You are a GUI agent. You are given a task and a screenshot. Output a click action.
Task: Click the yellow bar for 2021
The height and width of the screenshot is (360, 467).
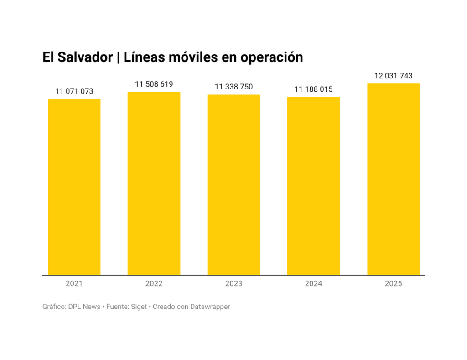[74, 187]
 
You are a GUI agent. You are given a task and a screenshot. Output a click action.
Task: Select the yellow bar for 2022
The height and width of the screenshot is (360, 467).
[154, 183]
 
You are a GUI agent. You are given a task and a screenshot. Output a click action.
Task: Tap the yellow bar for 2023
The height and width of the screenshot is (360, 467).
[233, 185]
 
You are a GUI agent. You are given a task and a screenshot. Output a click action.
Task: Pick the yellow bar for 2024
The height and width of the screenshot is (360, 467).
[313, 186]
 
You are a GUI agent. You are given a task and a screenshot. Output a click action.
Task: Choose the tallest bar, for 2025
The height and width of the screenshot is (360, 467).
[393, 179]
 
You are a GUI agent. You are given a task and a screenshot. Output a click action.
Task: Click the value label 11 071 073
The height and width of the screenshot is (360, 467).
[74, 91]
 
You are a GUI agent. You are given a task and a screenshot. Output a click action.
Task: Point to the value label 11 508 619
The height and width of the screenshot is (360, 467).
[154, 84]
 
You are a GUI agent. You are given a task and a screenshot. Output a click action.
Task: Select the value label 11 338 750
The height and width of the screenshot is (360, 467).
[233, 87]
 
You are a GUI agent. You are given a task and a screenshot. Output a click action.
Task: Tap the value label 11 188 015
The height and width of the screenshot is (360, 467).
[313, 89]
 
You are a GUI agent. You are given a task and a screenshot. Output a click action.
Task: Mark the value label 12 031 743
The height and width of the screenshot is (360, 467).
[393, 76]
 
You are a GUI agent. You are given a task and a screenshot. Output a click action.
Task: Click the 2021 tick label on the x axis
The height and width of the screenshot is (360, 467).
[74, 283]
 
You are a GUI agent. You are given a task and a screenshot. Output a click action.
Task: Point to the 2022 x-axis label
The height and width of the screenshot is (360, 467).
[154, 283]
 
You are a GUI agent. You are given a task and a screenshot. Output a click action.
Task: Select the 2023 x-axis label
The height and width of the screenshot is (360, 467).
[233, 283]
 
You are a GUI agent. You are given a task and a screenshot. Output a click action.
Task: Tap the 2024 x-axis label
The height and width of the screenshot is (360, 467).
[313, 283]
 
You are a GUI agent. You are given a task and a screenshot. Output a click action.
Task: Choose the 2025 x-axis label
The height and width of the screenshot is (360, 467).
[393, 283]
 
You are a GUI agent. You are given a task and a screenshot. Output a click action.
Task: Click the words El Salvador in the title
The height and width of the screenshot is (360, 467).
[78, 57]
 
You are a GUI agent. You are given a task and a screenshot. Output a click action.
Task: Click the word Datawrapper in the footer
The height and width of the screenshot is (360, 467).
[210, 307]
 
